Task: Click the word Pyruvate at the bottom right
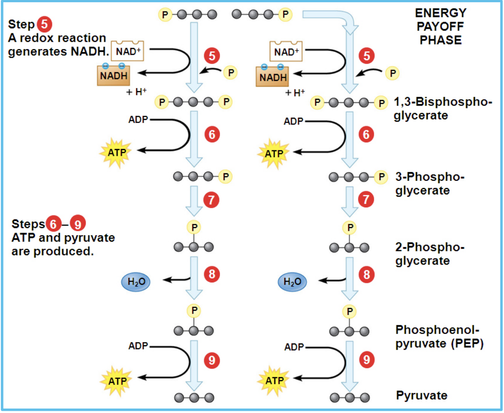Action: [421, 395]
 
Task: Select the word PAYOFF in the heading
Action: [441, 26]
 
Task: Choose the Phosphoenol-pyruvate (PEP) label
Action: [439, 337]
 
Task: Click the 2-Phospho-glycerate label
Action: [429, 254]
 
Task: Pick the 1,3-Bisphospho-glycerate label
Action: [442, 108]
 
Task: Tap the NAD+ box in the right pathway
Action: [286, 51]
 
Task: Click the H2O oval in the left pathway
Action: [136, 281]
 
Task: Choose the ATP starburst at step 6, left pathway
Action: [116, 152]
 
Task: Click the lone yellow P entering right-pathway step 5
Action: [392, 73]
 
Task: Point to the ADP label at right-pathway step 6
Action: [293, 121]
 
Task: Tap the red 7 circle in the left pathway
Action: [211, 199]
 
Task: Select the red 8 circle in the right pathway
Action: [367, 274]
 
